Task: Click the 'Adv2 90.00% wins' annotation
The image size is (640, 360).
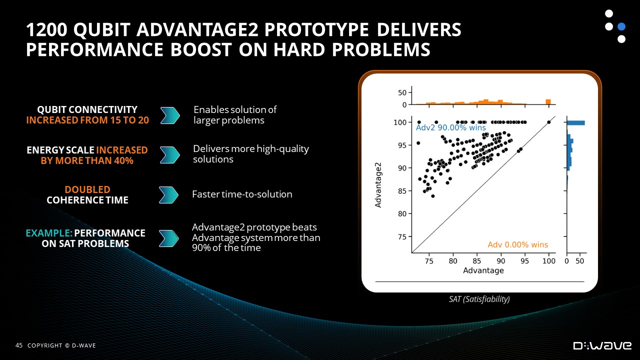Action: tap(450, 127)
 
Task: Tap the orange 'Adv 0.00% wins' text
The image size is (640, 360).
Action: tap(517, 244)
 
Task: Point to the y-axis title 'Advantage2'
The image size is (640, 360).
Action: tap(378, 185)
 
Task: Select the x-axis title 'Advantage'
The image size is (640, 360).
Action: tap(483, 270)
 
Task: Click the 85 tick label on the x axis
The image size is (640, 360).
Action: tap(476, 261)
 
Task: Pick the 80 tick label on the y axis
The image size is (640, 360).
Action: tap(402, 213)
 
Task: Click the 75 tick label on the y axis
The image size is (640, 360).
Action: tap(402, 237)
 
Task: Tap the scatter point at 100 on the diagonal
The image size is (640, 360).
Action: tap(549, 122)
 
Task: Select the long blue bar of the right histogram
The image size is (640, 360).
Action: tap(575, 123)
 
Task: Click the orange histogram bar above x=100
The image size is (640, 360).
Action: tap(548, 101)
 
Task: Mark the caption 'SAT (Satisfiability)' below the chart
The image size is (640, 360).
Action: tap(479, 299)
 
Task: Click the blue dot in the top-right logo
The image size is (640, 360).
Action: tap(621, 26)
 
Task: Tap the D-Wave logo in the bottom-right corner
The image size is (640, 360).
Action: tap(602, 345)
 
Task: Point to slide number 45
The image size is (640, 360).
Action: tap(19, 345)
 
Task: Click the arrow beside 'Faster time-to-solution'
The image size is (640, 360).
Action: tap(168, 195)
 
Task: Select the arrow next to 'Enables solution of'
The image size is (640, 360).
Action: tap(170, 115)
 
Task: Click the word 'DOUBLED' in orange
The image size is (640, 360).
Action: tap(87, 189)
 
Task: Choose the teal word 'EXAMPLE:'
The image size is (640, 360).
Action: tap(49, 233)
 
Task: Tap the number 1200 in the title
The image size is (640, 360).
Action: tap(47, 29)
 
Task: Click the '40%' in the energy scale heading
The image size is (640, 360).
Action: tap(123, 160)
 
